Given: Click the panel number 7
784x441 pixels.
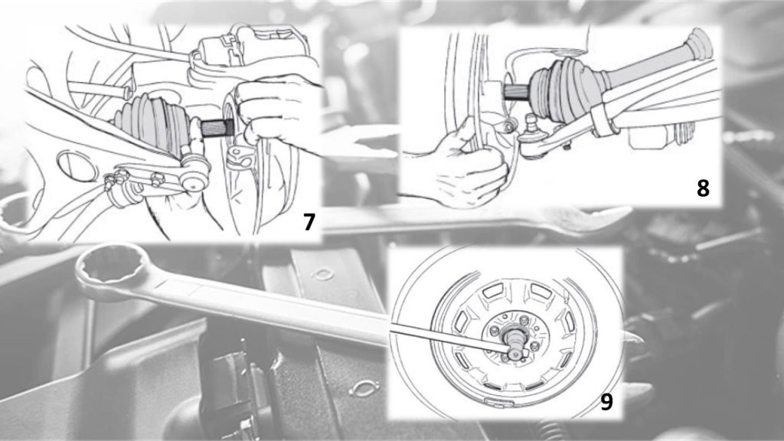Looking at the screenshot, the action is coord(309,222).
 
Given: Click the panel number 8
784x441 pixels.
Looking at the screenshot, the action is coord(703,188).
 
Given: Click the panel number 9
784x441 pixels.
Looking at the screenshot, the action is coord(606,402).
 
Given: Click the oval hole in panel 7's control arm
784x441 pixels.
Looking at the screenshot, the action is coord(77,166).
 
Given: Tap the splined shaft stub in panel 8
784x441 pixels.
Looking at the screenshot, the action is coord(517,93).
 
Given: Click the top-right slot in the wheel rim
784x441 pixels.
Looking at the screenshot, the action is coord(540,290).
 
